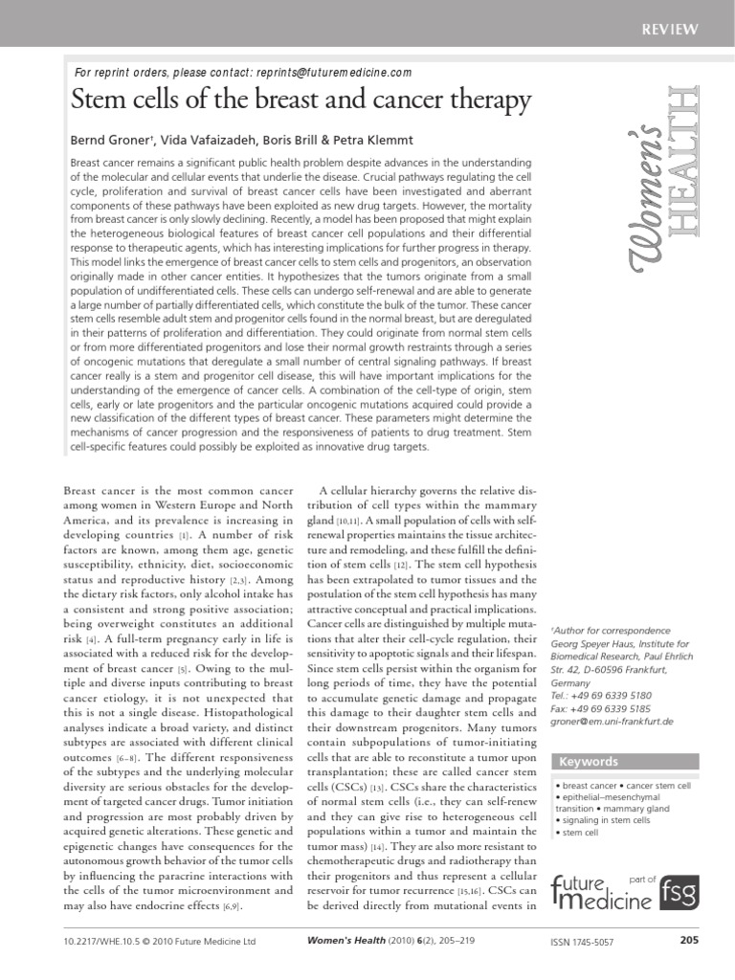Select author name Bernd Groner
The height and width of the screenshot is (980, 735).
coord(112,141)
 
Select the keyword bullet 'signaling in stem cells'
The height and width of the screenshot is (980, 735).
coord(605,820)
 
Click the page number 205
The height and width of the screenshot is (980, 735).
coord(689,942)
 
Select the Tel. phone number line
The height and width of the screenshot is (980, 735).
coord(601,696)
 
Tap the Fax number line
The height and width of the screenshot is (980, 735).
coord(601,708)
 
